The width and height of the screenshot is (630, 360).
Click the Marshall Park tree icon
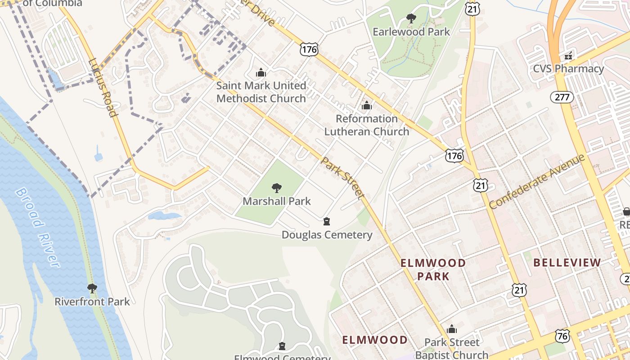[277, 188]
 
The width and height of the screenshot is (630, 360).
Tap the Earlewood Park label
[411, 32]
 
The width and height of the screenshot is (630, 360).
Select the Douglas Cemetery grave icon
[327, 221]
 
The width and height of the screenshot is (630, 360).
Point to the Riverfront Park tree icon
[92, 288]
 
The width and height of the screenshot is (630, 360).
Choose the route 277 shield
[562, 97]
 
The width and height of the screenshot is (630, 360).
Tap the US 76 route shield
[562, 336]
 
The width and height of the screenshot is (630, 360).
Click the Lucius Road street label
[103, 87]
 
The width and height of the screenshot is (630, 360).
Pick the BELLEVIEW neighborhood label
[567, 263]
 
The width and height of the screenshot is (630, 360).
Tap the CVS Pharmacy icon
[568, 56]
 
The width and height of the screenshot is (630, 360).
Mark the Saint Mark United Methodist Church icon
[261, 72]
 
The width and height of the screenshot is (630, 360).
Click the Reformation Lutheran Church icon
[367, 106]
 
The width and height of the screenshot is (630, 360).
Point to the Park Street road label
[342, 178]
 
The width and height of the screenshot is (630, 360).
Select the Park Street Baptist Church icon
[451, 329]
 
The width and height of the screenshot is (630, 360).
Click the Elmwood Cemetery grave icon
[282, 346]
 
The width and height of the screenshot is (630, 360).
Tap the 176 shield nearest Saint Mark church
[309, 49]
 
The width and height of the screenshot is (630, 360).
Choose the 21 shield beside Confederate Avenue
[481, 185]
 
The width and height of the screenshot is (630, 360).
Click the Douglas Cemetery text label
[327, 235]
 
